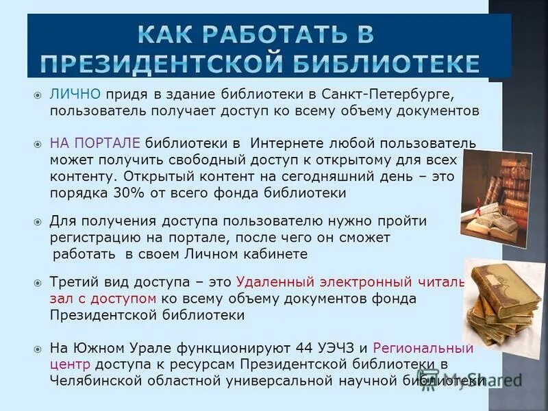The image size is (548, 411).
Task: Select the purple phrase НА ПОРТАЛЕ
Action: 95,142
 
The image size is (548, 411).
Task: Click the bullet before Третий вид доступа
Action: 38,282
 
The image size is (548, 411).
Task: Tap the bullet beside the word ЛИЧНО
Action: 38,93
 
